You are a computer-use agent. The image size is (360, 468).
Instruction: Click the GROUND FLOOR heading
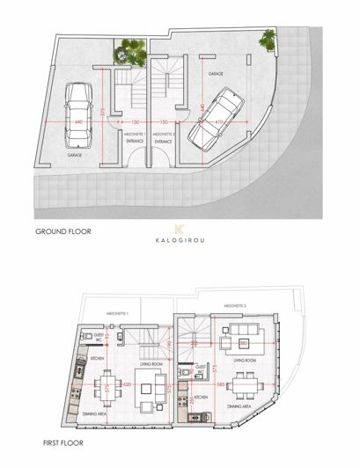click(x=62, y=232)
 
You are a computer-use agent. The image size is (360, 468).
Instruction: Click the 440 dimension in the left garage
click(x=79, y=122)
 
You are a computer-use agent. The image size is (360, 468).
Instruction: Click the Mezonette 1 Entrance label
click(x=136, y=137)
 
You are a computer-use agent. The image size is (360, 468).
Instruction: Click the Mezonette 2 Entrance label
click(x=164, y=137)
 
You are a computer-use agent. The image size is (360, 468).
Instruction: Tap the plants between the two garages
click(x=129, y=53)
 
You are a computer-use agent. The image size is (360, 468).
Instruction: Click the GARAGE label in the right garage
click(x=215, y=76)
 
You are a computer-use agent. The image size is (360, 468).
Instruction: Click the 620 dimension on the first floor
click(x=126, y=385)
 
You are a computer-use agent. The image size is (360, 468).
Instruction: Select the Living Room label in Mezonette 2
click(x=244, y=361)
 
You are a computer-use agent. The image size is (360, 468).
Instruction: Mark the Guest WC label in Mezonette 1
click(x=99, y=337)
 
